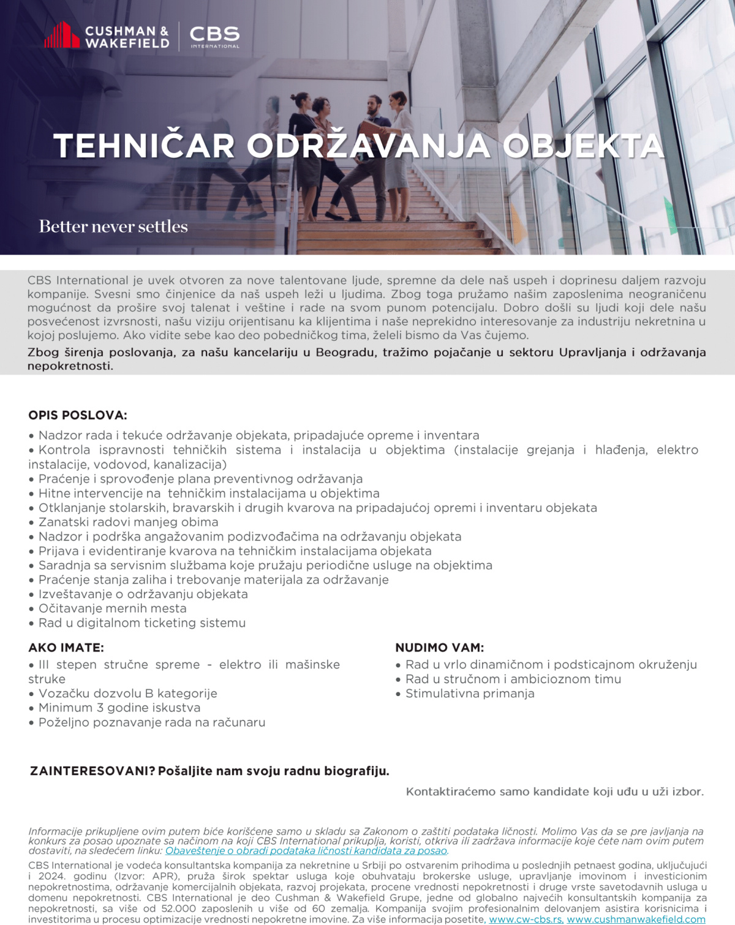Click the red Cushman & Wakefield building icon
[62, 35]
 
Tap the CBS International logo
[214, 36]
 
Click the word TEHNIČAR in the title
[145, 146]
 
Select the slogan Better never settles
[113, 227]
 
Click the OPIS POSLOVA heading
[78, 415]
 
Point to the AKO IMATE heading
[66, 648]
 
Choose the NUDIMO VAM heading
[439, 648]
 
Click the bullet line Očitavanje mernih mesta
[112, 609]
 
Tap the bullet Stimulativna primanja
[470, 694]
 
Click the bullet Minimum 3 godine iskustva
[119, 708]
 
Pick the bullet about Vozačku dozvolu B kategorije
[127, 694]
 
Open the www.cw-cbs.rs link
[526, 919]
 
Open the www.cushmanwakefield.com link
[636, 919]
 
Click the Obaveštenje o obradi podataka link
[306, 850]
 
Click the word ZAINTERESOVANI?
[92, 771]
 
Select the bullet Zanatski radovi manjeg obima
[128, 522]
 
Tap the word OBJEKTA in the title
[583, 146]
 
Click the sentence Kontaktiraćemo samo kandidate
[554, 792]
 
